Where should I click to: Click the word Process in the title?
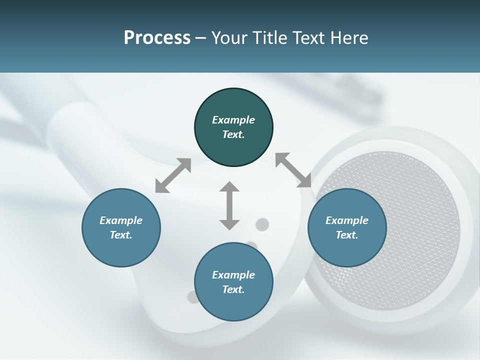click(157, 38)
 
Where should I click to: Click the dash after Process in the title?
click(200, 38)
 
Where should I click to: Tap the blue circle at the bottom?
click(233, 303)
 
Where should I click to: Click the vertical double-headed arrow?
click(229, 205)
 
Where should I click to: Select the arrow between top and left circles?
click(173, 175)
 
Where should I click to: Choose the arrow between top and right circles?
click(293, 170)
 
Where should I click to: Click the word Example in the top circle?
click(233, 120)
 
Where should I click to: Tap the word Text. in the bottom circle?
click(233, 289)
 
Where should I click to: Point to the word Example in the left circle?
click(121, 220)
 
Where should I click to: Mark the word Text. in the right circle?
click(347, 235)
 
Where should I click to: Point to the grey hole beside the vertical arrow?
click(262, 224)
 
